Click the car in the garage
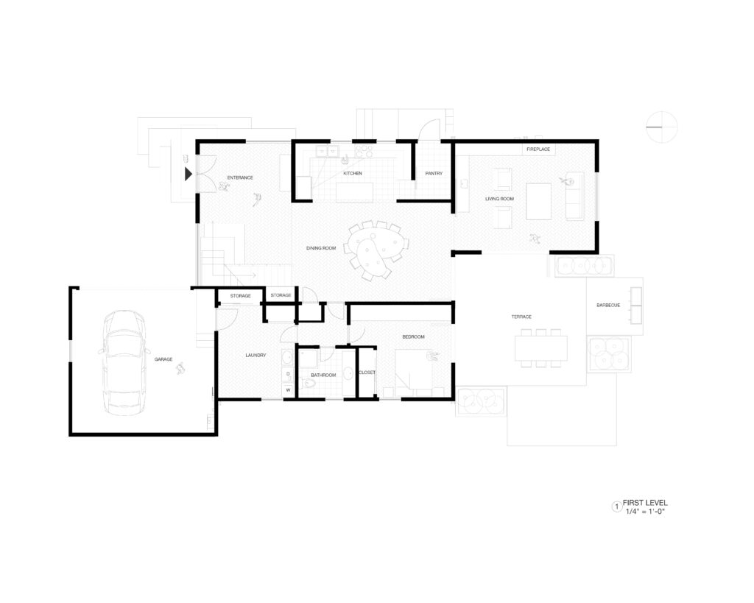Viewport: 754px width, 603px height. pos(124,363)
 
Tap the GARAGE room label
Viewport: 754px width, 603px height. pos(163,359)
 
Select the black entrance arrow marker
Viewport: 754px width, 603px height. pos(188,174)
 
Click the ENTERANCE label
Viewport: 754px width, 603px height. pos(240,177)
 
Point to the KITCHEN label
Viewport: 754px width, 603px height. pos(353,173)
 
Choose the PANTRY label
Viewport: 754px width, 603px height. pos(434,173)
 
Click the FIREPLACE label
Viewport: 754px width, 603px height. pos(538,149)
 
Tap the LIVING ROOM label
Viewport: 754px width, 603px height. pos(500,199)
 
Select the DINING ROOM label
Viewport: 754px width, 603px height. pos(321,248)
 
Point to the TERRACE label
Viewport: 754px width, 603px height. pos(521,317)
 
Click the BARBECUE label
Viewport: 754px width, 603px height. pos(608,306)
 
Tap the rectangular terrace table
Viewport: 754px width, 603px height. pos(541,348)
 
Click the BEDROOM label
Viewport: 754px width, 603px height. pos(414,336)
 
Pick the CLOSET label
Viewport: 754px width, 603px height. pos(367,373)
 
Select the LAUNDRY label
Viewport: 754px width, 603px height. pos(256,356)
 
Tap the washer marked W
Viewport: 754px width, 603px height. pos(288,389)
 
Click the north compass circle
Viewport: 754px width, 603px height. pos(662,127)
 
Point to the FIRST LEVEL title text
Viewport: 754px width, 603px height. pos(645,502)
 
